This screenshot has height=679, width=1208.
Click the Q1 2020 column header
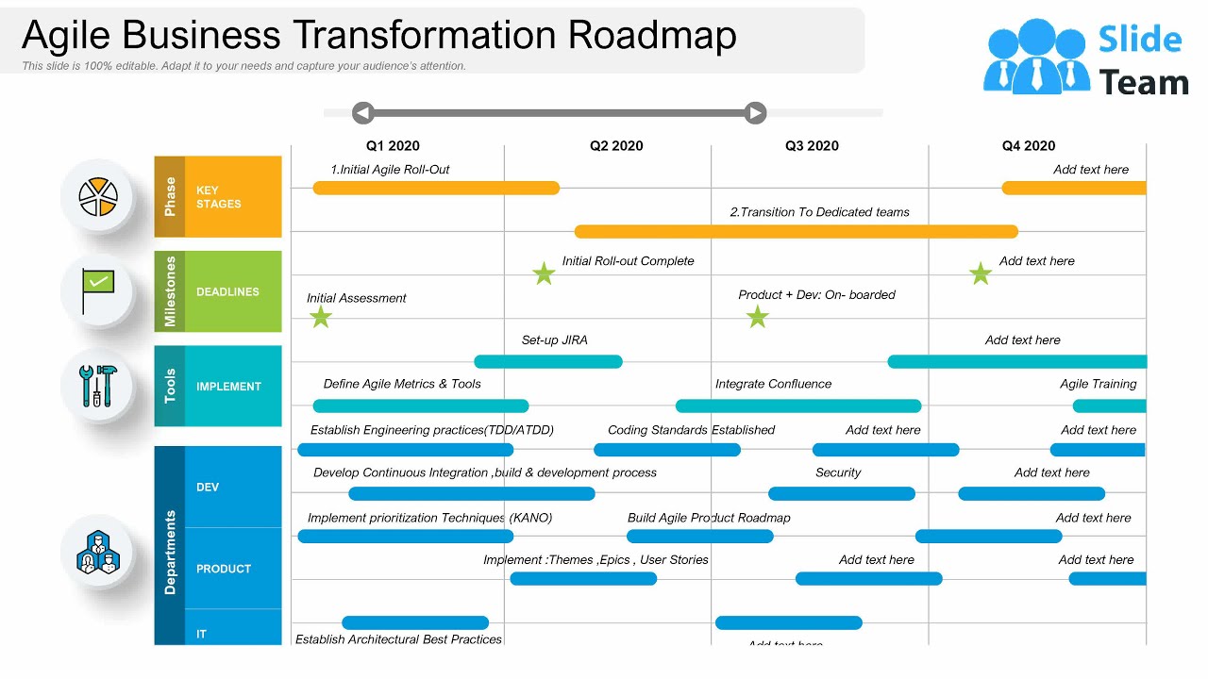point(393,146)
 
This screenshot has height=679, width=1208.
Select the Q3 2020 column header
point(812,146)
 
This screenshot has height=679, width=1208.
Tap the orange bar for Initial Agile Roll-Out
point(436,188)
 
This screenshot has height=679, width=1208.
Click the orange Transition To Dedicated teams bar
point(797,231)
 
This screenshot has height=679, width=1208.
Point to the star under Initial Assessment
point(321,317)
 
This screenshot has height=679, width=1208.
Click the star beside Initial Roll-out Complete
point(544,274)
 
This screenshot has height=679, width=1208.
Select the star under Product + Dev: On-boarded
point(757,317)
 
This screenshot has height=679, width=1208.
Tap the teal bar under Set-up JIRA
point(548,361)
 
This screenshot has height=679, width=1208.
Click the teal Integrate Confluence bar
point(798,406)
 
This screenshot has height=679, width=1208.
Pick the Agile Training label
point(1098,384)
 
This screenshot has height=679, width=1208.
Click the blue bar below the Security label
point(842,493)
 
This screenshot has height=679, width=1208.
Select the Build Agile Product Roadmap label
point(709,518)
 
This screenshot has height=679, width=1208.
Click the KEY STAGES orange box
point(232,197)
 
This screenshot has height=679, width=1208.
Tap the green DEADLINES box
point(232,292)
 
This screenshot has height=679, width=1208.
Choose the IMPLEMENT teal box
point(232,387)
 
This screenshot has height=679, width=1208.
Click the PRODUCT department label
point(224,569)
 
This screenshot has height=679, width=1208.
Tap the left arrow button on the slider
point(363,113)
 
